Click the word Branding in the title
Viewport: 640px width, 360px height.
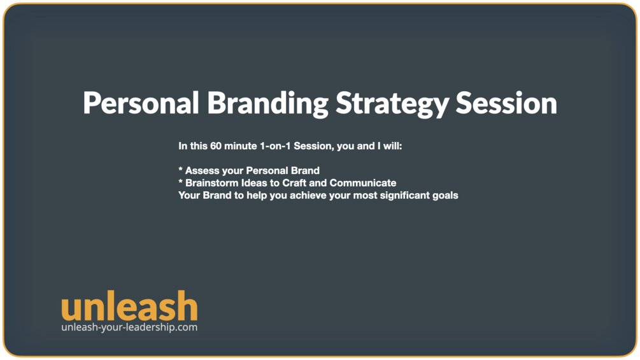(x=267, y=103)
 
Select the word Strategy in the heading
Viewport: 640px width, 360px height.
(x=392, y=104)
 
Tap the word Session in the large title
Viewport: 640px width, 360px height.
(x=506, y=103)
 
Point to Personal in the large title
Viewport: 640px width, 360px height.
(x=141, y=103)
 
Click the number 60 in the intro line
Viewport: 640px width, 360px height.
(x=216, y=146)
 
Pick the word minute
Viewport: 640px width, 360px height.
(x=241, y=146)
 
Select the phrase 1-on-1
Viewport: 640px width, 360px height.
(x=275, y=146)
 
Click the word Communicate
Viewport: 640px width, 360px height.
(x=363, y=183)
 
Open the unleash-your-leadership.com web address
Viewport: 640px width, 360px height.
(x=129, y=328)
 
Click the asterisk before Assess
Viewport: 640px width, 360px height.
(x=180, y=169)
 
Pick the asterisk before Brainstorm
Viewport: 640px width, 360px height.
(x=180, y=181)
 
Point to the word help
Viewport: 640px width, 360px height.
(x=257, y=196)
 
